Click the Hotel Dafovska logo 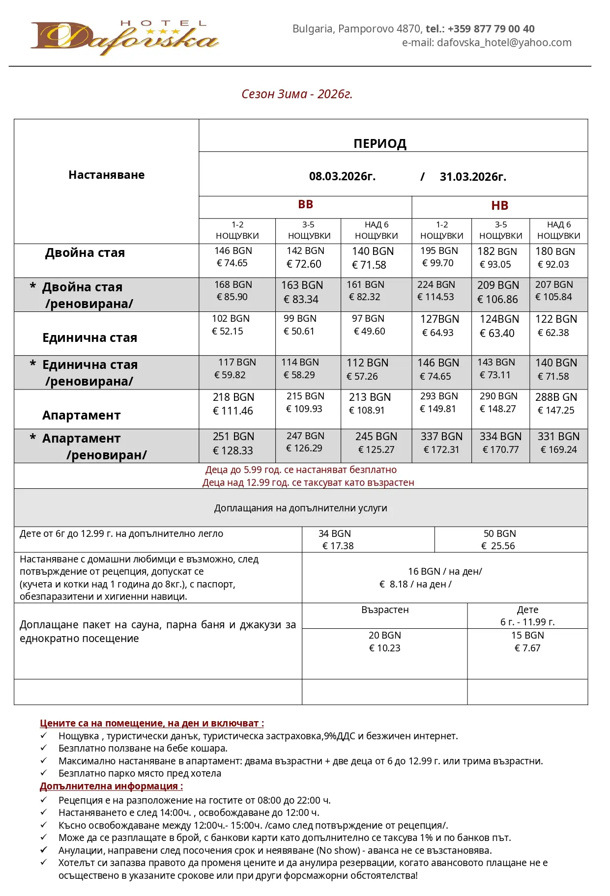(124, 38)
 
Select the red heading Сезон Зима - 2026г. (297, 94)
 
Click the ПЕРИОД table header (380, 143)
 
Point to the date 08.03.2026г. (342, 176)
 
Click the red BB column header (305, 205)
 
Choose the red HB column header (499, 206)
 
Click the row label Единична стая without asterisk (89, 337)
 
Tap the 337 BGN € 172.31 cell (441, 443)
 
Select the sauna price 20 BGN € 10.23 (385, 642)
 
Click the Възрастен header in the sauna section (385, 610)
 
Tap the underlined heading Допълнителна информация (111, 786)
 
